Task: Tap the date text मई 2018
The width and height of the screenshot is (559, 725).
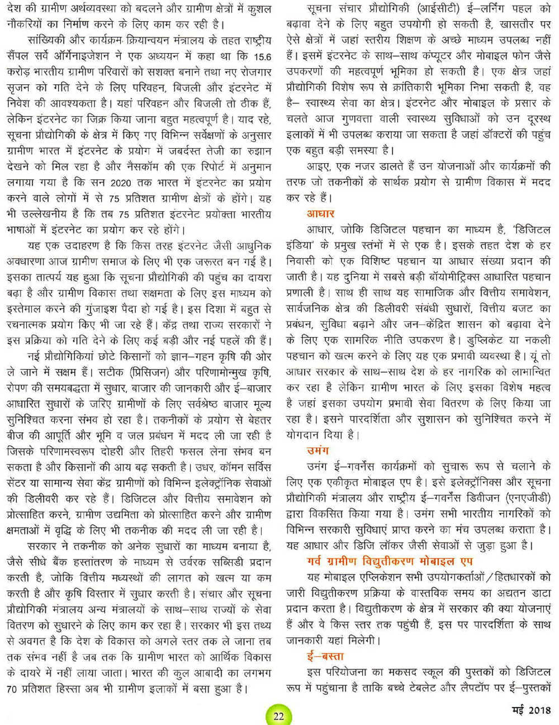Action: [532, 710]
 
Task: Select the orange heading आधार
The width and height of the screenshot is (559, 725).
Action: [320, 214]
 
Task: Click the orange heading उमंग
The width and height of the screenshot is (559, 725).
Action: [318, 451]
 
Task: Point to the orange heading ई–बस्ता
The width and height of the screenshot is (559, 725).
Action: [325, 656]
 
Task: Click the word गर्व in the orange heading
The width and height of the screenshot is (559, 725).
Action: [317, 561]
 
